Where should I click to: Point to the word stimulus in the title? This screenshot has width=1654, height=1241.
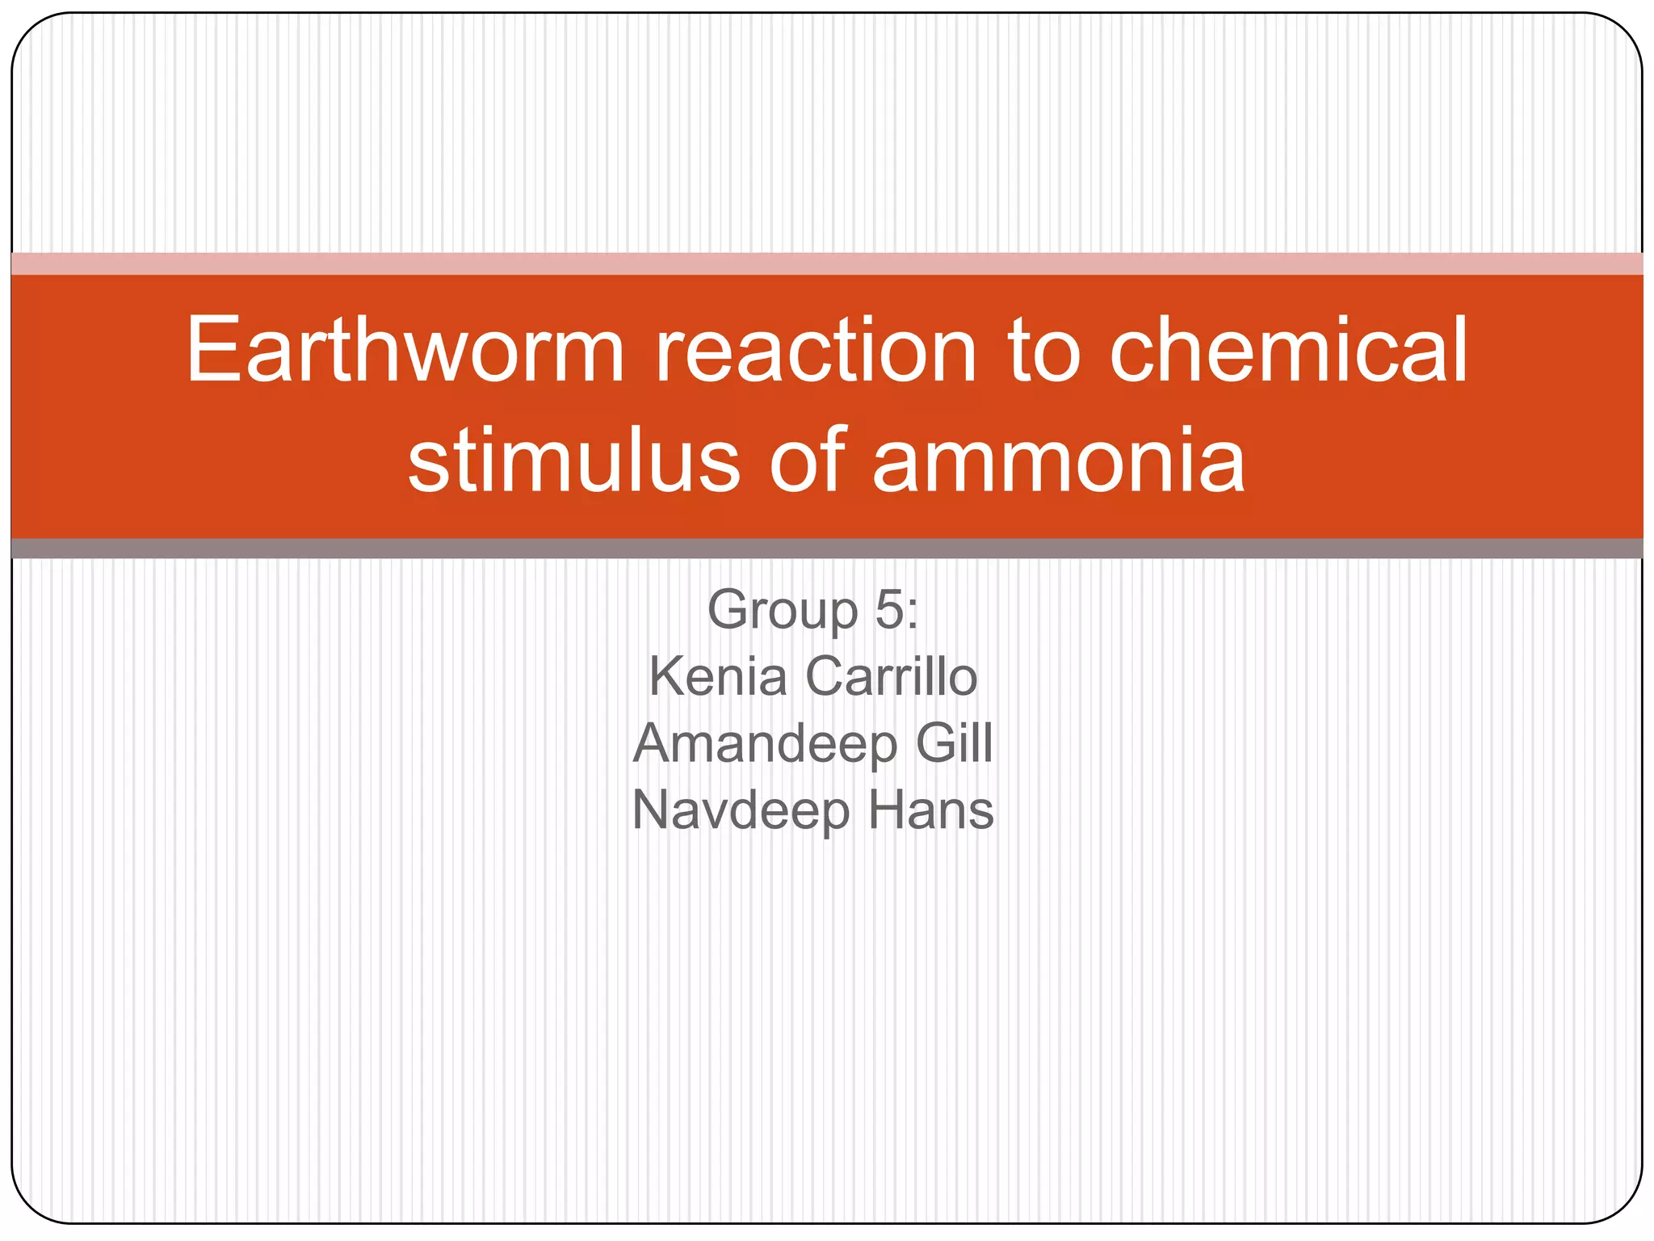point(573,461)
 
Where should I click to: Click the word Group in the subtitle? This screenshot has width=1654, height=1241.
point(782,610)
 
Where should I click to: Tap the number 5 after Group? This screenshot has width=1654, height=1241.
point(889,609)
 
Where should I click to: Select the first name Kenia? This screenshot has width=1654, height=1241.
point(718,676)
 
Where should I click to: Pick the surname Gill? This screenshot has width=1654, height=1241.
point(954,742)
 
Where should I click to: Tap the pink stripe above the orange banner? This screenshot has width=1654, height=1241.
point(827,263)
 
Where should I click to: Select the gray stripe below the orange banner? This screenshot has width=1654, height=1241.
point(827,549)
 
